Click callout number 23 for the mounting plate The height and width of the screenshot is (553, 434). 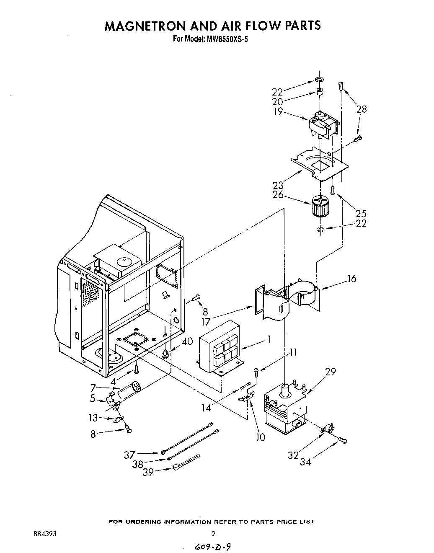[x=278, y=185]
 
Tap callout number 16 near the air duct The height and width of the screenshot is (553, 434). [x=351, y=278]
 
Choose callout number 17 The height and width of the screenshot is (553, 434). [x=217, y=322]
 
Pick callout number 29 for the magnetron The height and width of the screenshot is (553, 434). [x=331, y=372]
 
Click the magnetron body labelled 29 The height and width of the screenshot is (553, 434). [x=285, y=411]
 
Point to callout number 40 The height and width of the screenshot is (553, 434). [x=187, y=341]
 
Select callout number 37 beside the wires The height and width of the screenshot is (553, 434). [x=129, y=454]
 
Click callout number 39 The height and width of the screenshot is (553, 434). [x=148, y=472]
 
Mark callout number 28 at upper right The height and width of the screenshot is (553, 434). [x=361, y=109]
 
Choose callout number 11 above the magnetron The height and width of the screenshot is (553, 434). [x=293, y=352]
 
